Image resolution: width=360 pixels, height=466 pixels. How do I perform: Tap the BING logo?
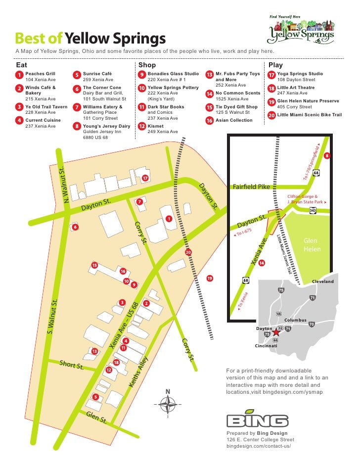257,420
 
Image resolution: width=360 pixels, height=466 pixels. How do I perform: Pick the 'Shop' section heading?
147,65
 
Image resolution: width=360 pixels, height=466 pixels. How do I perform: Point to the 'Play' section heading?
275,65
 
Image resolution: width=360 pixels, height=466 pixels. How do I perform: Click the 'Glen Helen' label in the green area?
312,244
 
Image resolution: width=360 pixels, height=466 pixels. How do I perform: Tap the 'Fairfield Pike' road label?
251,187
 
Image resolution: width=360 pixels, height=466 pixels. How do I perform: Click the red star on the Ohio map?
276,332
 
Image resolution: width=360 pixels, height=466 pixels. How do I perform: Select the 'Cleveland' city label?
322,281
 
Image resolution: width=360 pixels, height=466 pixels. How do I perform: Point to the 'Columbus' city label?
296,320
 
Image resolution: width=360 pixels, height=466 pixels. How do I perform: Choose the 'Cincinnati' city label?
266,346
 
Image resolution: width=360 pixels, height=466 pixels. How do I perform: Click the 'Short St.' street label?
72,366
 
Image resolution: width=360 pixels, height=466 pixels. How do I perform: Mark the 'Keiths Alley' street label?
138,372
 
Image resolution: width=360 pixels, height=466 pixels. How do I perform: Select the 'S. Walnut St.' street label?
54,315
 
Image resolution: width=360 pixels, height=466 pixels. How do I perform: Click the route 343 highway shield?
313,210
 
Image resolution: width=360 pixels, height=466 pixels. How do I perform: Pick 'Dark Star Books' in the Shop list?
166,107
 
